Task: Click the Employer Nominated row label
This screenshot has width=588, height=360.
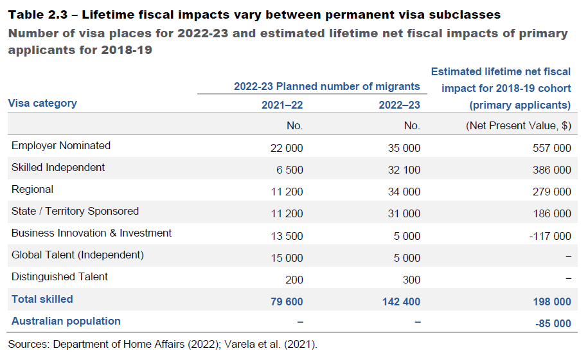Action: [x=61, y=146]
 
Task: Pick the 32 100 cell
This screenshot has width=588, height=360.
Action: [x=404, y=170]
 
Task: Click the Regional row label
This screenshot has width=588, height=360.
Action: [x=32, y=190]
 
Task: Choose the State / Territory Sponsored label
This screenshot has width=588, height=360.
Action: [x=75, y=212]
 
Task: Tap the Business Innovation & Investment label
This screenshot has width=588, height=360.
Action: [x=92, y=233]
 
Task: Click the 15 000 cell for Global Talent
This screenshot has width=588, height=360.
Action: [x=287, y=257]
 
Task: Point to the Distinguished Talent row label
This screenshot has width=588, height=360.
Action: [x=60, y=277]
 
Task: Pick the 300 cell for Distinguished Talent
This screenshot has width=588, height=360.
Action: [x=411, y=279]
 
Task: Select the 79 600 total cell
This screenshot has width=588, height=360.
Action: [x=286, y=301]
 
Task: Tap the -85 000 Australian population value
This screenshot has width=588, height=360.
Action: [x=553, y=323]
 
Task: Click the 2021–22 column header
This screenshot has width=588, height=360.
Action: [x=282, y=105]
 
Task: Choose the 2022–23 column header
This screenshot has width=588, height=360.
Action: [x=399, y=105]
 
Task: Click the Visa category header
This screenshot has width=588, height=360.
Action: [x=42, y=104]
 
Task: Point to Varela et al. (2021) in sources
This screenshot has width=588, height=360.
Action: [x=271, y=344]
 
